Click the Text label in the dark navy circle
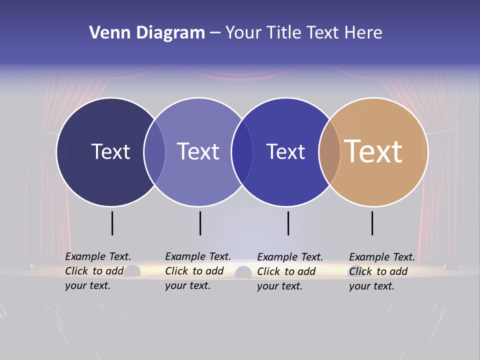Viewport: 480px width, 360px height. pyautogui.click(x=110, y=151)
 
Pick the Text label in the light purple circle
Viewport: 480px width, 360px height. pyautogui.click(x=198, y=151)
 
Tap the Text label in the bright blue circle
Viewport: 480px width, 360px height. pyautogui.click(x=285, y=151)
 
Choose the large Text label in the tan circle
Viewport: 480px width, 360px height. pyautogui.click(x=373, y=151)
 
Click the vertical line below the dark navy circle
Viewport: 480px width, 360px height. pyautogui.click(x=112, y=223)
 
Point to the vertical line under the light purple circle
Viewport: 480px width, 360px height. pyautogui.click(x=200, y=223)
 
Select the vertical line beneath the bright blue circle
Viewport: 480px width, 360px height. pyautogui.click(x=288, y=223)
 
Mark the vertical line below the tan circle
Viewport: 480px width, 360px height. pyautogui.click(x=372, y=223)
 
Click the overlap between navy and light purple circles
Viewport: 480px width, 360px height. pyautogui.click(x=155, y=151)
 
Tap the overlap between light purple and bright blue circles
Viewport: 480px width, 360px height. pyautogui.click(x=242, y=151)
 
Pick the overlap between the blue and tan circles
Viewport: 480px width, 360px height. pyautogui.click(x=329, y=151)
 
